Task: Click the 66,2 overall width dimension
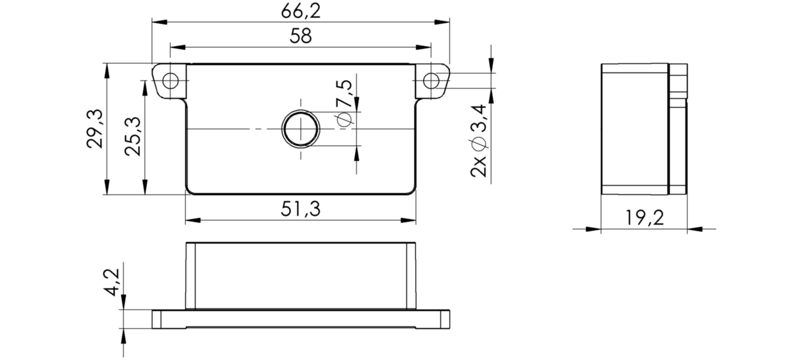coord(301,11)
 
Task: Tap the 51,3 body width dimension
coord(301,209)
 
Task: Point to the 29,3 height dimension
coord(95,130)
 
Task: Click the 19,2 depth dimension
coord(644,218)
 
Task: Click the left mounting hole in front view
coord(170,81)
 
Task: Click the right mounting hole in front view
coord(432,81)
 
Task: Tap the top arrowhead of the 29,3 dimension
coord(107,70)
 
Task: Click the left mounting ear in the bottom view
coord(169,319)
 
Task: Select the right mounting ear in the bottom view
coord(433,319)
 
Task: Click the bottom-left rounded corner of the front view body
coord(190,191)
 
